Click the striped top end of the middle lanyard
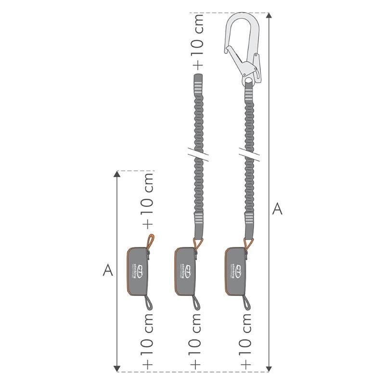pos(197,85)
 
